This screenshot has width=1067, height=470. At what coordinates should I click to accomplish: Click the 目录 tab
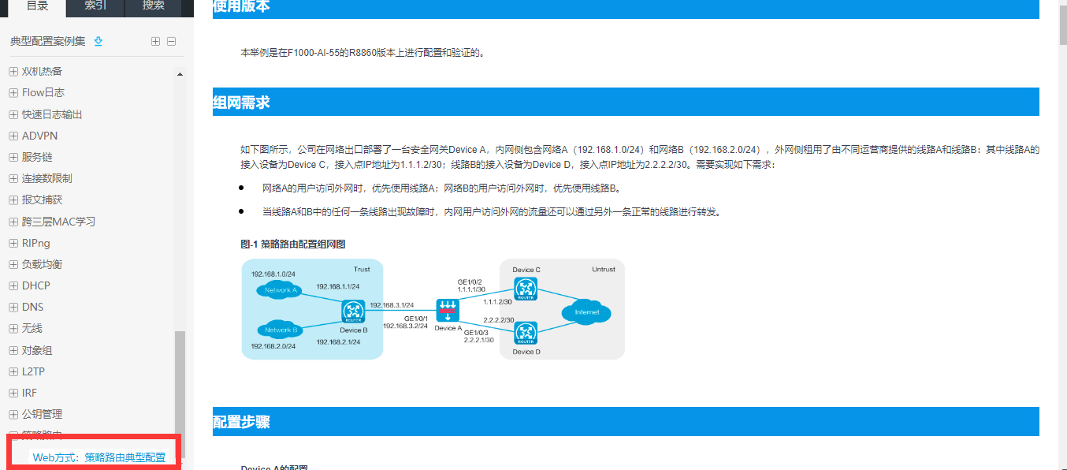37,6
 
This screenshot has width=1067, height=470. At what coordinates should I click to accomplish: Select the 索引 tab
95,6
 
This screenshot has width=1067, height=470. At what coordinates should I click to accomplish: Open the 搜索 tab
154,6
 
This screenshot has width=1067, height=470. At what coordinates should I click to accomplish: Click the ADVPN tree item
39,136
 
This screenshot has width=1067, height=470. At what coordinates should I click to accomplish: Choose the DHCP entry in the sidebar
35,285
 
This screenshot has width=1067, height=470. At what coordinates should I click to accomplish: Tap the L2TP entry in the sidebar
34,371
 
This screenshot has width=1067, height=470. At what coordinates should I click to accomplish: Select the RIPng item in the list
36,243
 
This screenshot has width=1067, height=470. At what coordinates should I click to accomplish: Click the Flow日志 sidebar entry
43,93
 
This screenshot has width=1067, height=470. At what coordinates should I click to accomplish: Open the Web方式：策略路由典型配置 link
99,457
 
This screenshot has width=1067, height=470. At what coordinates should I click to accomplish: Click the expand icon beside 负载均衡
13,264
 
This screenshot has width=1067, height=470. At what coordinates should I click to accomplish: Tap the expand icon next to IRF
13,393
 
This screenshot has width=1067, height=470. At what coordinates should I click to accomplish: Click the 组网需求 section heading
242,103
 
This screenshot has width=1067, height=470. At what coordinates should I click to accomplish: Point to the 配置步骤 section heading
242,423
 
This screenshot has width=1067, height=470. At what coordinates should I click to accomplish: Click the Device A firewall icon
448,310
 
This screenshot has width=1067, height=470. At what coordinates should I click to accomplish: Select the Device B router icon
353,312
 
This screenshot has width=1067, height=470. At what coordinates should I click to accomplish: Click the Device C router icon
525,289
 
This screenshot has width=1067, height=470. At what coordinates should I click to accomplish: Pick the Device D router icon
525,333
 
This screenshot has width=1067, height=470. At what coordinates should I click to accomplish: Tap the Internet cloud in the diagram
586,312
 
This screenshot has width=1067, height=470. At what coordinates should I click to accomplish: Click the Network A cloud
281,290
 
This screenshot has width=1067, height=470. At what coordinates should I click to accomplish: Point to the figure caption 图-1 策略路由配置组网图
293,244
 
